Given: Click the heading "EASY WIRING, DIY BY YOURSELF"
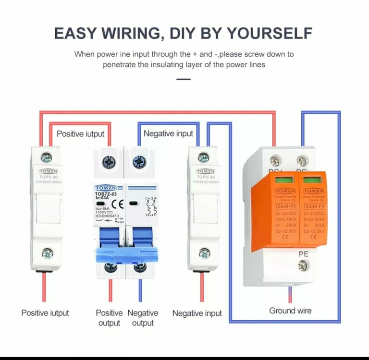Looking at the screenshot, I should (x=183, y=33).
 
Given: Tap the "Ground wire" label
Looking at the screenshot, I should (x=290, y=311).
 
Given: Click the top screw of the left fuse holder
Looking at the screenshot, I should (x=47, y=157).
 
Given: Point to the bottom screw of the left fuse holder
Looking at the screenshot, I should (x=47, y=253).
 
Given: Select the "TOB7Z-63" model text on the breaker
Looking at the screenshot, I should (x=106, y=194).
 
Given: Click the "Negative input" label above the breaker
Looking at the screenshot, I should (x=168, y=133).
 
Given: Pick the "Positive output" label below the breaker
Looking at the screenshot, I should (x=109, y=318).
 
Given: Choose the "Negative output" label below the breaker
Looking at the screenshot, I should (x=143, y=318).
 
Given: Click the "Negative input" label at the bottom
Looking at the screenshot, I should (x=197, y=313).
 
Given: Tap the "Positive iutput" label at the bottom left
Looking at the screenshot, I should (x=45, y=313).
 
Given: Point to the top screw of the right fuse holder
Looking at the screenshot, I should (x=204, y=157).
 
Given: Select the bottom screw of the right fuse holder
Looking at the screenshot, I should (x=204, y=253).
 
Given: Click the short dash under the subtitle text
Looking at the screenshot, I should (x=184, y=79).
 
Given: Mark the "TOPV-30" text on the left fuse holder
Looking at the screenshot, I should (x=47, y=177).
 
